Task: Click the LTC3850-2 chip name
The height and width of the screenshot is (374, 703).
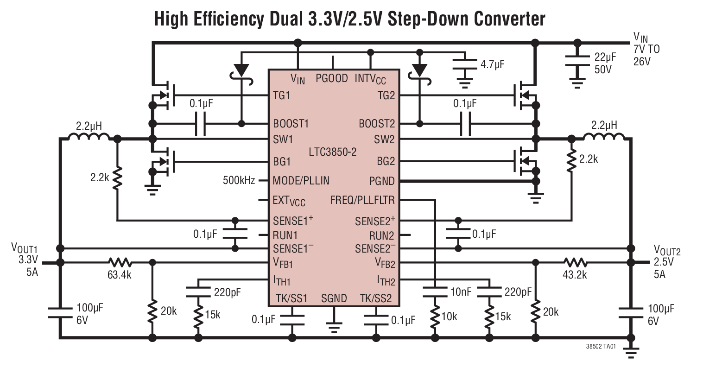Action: pyautogui.click(x=332, y=152)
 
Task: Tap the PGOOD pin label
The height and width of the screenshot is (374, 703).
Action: pyautogui.click(x=332, y=78)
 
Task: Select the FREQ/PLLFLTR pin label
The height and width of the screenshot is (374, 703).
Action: pyautogui.click(x=363, y=200)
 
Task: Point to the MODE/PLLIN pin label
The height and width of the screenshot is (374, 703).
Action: pyautogui.click(x=301, y=180)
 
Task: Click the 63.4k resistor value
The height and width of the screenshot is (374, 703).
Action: pyautogui.click(x=120, y=275)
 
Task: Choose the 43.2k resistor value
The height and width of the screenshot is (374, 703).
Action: pyautogui.click(x=575, y=275)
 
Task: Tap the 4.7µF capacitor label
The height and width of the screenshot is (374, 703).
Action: pyautogui.click(x=492, y=64)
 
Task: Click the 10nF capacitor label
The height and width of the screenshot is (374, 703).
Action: pyautogui.click(x=460, y=292)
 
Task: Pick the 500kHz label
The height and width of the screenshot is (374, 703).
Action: pyautogui.click(x=239, y=180)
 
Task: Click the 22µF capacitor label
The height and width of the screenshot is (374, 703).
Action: pyautogui.click(x=605, y=57)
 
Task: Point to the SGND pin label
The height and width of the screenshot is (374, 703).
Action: pyautogui.click(x=334, y=298)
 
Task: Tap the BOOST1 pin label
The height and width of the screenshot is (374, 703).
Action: pyautogui.click(x=291, y=124)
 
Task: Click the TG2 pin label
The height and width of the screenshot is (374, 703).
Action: pyautogui.click(x=386, y=95)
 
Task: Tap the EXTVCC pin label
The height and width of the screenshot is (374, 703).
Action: pyautogui.click(x=289, y=201)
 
